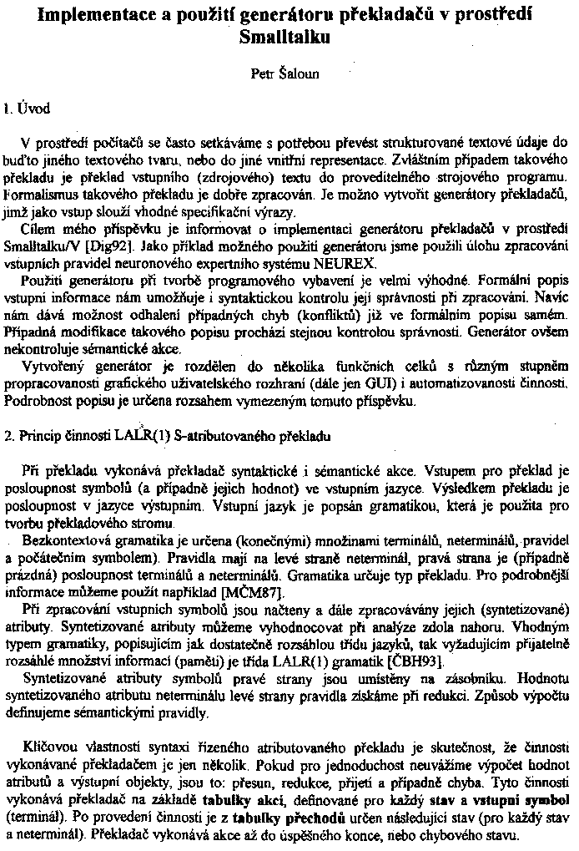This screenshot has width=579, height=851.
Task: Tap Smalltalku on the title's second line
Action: coord(284,38)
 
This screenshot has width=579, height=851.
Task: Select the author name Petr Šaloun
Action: coord(284,73)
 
